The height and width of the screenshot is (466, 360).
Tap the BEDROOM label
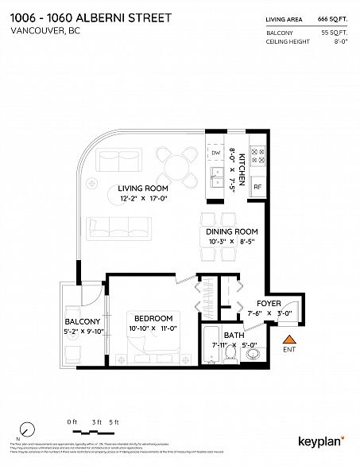pos(151,318)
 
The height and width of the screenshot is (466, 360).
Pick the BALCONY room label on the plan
pos(81,322)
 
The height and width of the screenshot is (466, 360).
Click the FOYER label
pos(268,304)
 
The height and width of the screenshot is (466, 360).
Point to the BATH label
pos(233,336)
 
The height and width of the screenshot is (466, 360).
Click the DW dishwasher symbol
pos(215,152)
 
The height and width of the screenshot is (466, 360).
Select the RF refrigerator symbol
pos(257,188)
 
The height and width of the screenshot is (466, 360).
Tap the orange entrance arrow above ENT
pos(288,340)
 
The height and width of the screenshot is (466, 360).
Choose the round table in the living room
pos(176,165)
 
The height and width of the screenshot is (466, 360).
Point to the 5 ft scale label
pos(115,421)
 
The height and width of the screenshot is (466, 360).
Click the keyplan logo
pos(321,440)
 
